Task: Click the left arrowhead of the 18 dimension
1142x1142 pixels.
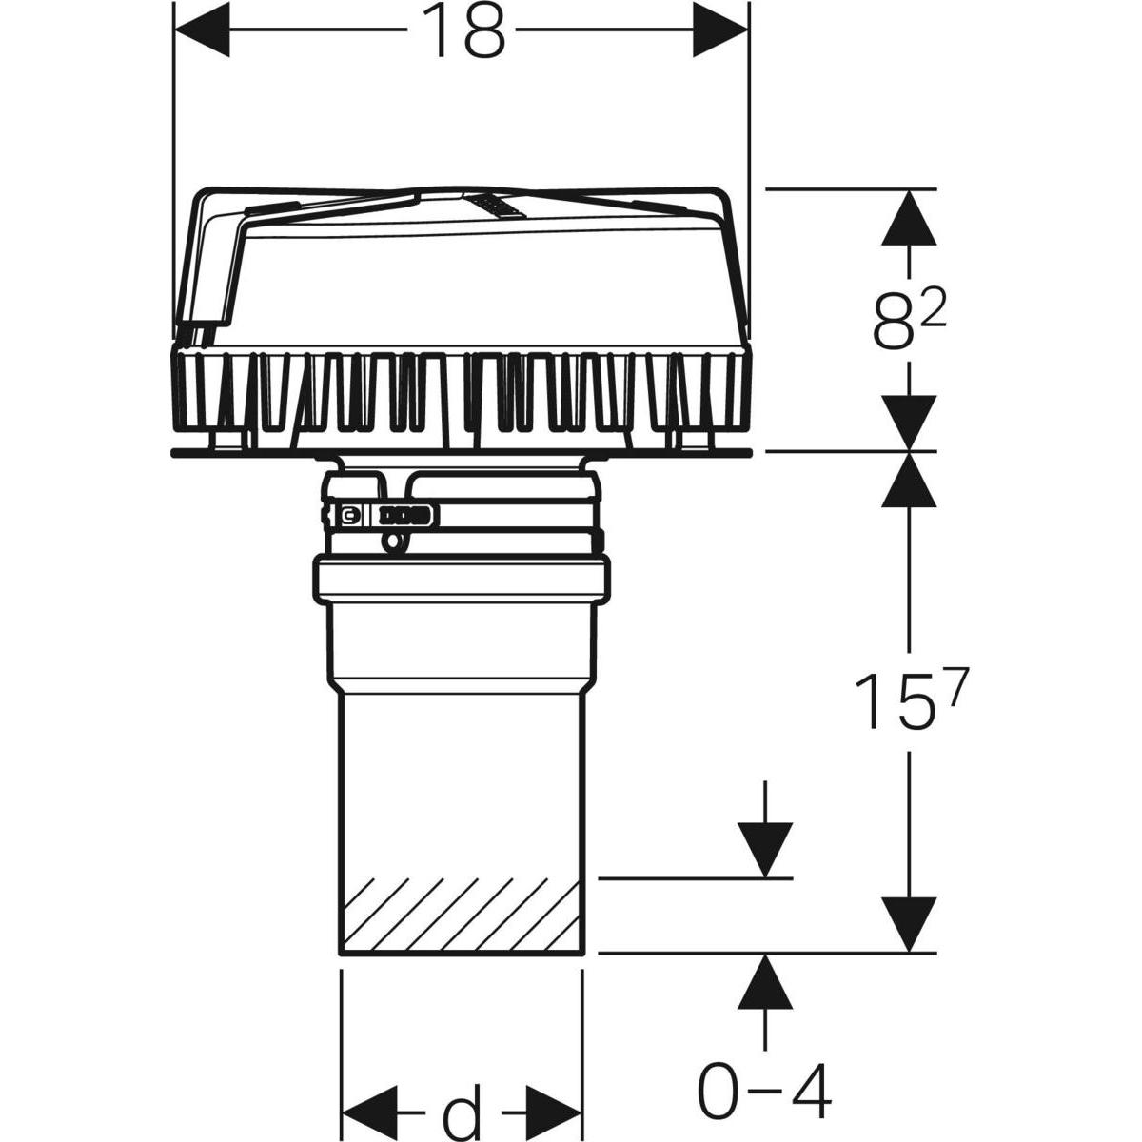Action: (x=202, y=30)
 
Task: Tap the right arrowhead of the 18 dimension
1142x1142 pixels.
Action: (x=720, y=30)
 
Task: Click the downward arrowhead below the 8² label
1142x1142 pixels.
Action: (x=909, y=423)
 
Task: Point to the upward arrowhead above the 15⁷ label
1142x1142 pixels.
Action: (x=909, y=480)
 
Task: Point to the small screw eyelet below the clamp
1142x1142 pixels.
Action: (x=393, y=542)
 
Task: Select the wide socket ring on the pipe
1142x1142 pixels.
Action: (x=462, y=579)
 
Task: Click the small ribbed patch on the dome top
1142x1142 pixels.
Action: (x=493, y=206)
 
